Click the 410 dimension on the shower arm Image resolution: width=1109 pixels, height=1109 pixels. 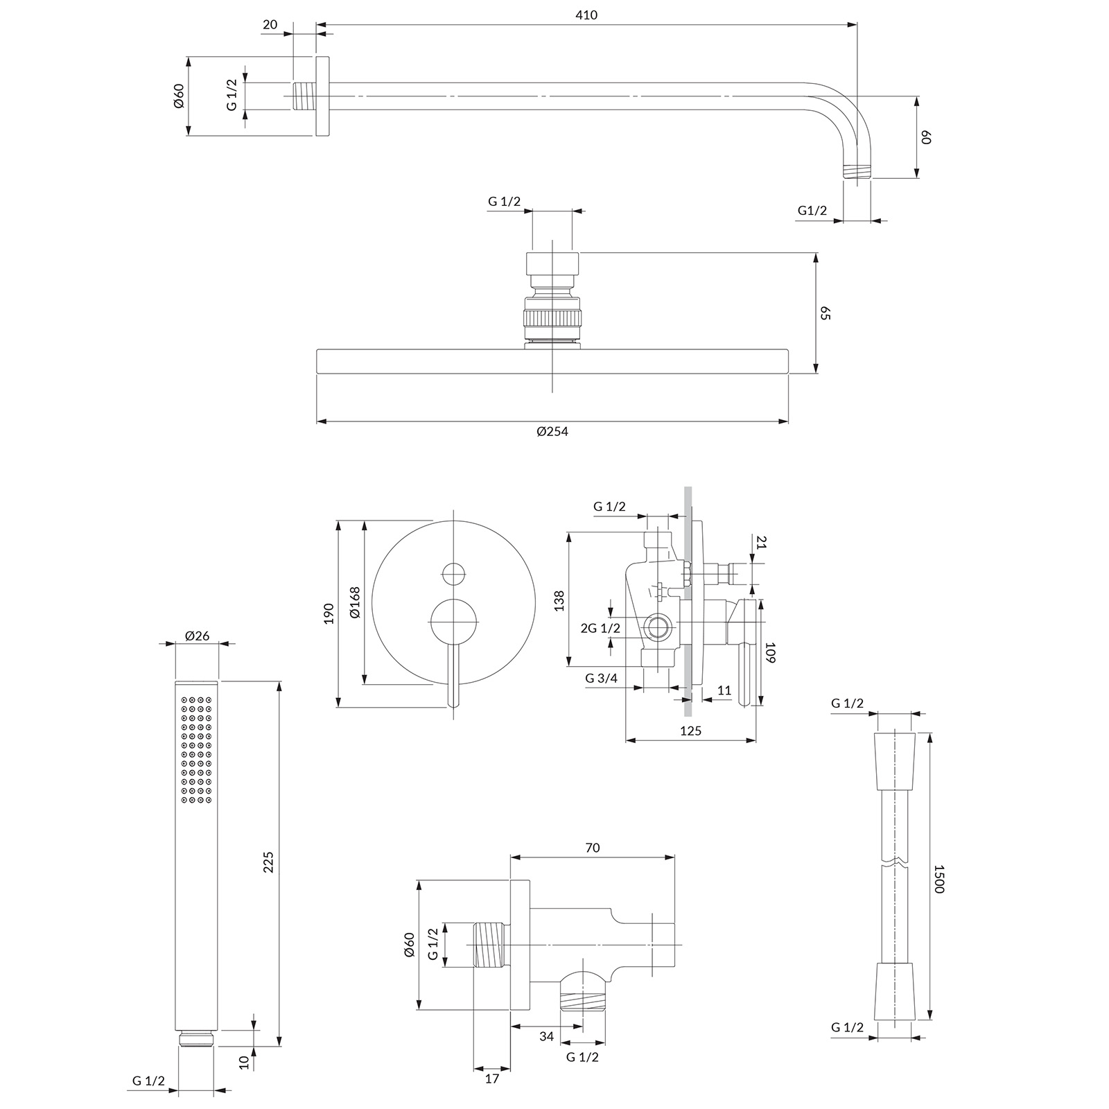click(x=586, y=15)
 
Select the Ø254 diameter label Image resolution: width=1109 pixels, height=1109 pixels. click(x=552, y=431)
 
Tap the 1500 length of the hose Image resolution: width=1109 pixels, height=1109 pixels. click(x=939, y=878)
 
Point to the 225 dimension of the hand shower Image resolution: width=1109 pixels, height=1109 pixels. click(x=270, y=862)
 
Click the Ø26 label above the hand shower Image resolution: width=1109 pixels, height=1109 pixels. click(x=198, y=635)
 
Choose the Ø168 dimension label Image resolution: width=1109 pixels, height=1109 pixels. click(x=355, y=602)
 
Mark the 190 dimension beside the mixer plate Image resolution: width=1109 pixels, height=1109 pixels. click(x=329, y=613)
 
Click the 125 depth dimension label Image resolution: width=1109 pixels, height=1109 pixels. click(x=690, y=731)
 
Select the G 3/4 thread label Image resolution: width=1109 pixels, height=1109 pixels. click(x=601, y=679)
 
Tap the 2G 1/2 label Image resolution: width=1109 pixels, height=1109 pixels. click(x=600, y=629)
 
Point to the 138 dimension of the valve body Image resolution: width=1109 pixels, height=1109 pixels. click(x=559, y=600)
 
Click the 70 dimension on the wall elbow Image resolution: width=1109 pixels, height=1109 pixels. click(x=592, y=848)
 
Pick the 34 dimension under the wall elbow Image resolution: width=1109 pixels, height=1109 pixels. click(x=547, y=1037)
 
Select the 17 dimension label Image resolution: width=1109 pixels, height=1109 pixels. click(x=491, y=1079)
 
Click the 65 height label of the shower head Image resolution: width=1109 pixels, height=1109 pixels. click(x=825, y=313)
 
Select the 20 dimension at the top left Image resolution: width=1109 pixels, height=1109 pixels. click(x=270, y=25)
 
